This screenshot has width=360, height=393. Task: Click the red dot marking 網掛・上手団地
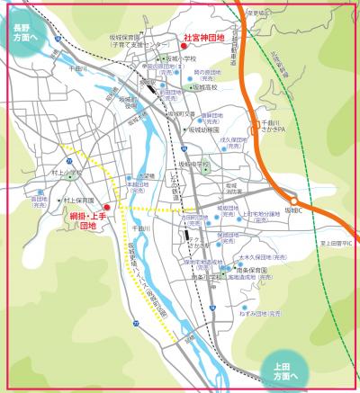tap(106, 208)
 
